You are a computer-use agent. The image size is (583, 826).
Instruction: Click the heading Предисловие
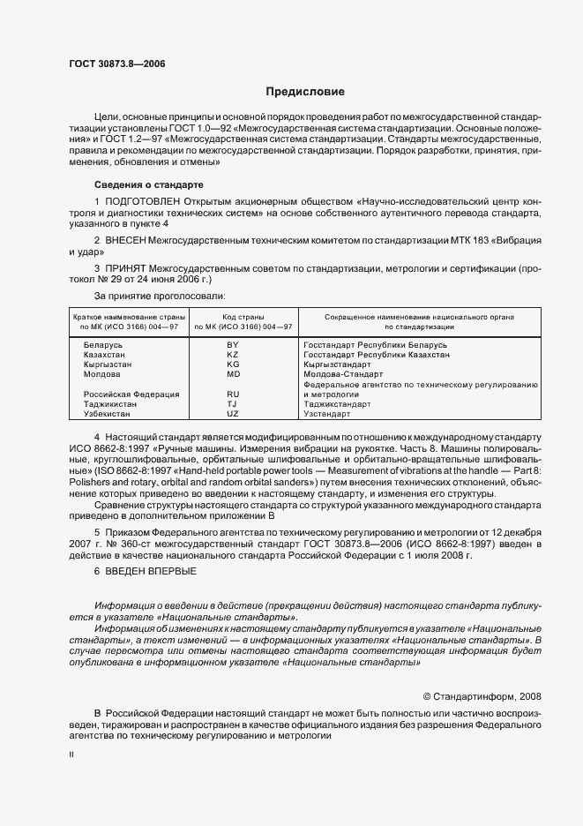click(305, 92)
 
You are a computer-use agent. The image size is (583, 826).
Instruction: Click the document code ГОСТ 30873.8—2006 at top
click(116, 64)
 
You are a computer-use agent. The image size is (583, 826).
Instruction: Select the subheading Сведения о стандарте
click(148, 184)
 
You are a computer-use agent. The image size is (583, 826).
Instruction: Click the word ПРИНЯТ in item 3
click(129, 267)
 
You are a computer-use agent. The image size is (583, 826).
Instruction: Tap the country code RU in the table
click(233, 394)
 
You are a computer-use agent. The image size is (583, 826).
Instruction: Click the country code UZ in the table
click(233, 413)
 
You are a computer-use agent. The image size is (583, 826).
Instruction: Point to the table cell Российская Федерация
click(131, 394)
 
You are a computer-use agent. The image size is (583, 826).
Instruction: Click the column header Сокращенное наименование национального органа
click(419, 316)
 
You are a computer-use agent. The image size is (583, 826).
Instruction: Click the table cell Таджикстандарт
click(337, 403)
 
